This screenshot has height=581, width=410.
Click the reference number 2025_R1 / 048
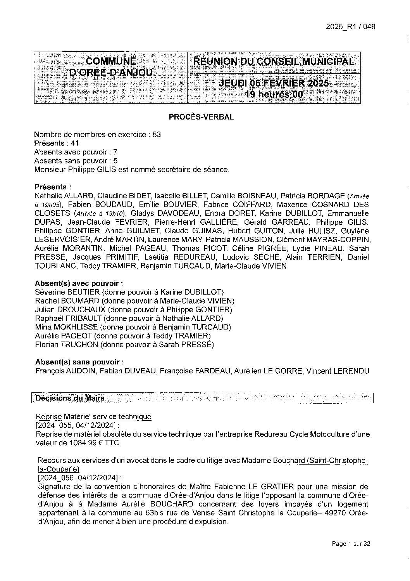pyautogui.click(x=350, y=27)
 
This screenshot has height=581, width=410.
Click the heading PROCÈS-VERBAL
pyautogui.click(x=201, y=117)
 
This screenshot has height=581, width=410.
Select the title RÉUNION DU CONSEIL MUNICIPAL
pyautogui.click(x=273, y=61)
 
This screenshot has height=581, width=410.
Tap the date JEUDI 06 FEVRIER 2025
pyautogui.click(x=274, y=83)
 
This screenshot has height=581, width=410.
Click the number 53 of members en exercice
pyautogui.click(x=157, y=135)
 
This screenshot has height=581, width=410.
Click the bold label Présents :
pyautogui.click(x=53, y=187)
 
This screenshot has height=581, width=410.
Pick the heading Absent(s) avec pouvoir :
pyautogui.click(x=79, y=283)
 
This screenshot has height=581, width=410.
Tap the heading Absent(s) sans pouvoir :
pyautogui.click(x=79, y=362)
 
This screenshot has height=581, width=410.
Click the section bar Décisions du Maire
pyautogui.click(x=70, y=398)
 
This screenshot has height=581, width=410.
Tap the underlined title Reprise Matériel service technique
pyautogui.click(x=93, y=417)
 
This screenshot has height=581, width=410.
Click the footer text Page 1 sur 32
pyautogui.click(x=351, y=544)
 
